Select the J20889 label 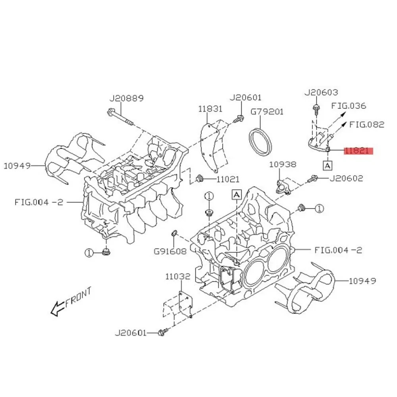point(126,98)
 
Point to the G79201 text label point(267,112)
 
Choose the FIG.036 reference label point(349,106)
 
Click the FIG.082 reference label point(366,124)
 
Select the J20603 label point(321,93)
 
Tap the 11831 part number point(210,109)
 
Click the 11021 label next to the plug point(227,179)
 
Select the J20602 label point(346,179)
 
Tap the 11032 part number point(178,276)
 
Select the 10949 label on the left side point(17,166)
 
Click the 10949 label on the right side point(362,281)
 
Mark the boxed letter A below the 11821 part point(328,164)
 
